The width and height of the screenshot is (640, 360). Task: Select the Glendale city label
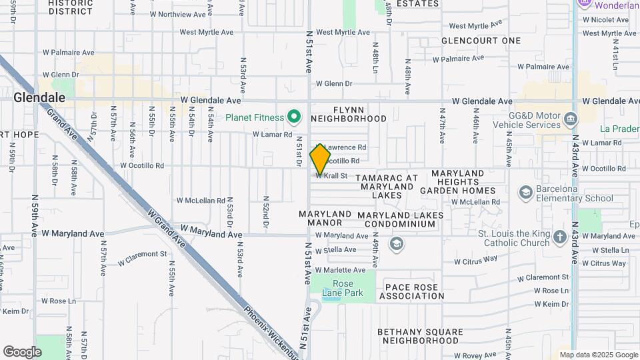coord(40,97)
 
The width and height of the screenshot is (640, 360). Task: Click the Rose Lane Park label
coord(347,288)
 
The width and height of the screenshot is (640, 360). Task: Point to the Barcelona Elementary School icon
coord(526,193)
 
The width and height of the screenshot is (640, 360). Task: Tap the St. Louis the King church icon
coord(559,235)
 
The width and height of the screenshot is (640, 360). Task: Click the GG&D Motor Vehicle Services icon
coord(571,120)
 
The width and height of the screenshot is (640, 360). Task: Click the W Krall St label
coord(333,176)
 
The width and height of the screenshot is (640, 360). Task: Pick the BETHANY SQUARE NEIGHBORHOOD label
coord(420,336)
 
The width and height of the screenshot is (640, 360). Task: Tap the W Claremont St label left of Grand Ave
coord(142,254)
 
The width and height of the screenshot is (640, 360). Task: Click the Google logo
coord(22,351)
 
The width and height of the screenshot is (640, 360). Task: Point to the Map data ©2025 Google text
coord(598,355)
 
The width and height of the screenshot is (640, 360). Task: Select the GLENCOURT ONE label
coord(481,41)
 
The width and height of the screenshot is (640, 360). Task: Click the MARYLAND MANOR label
coord(325,219)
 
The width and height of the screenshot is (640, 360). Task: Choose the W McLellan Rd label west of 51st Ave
coord(201,201)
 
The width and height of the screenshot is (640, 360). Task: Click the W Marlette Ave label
coord(340,270)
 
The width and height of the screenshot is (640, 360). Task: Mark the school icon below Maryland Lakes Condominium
coord(397,244)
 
